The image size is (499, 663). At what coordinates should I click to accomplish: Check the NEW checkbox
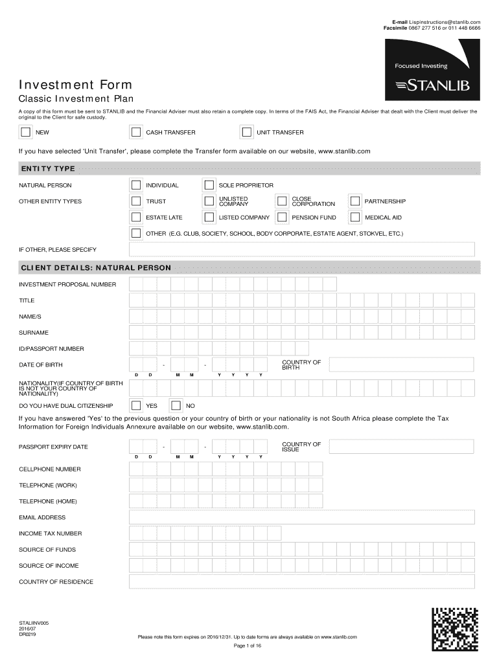[x=25, y=133]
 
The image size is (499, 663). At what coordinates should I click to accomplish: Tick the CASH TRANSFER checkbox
[x=135, y=133]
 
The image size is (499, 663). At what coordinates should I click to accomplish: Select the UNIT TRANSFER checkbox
[x=246, y=133]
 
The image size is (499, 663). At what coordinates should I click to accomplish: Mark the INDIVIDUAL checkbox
[x=136, y=185]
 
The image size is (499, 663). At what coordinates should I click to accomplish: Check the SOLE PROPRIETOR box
[x=209, y=185]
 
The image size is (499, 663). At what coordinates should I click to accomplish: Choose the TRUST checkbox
[x=136, y=201]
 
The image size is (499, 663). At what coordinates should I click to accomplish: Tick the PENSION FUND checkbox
[x=282, y=218]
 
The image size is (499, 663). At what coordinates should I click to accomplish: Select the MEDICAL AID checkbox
[x=354, y=218]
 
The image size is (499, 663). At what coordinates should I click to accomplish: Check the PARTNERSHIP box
[x=354, y=201]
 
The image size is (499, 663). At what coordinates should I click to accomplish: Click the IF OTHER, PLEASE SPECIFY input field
[x=302, y=249]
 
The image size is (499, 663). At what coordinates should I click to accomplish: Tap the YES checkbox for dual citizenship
[x=136, y=406]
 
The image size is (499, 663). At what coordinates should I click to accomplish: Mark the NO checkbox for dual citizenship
[x=175, y=406]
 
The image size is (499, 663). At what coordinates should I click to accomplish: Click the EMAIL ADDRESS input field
[x=302, y=517]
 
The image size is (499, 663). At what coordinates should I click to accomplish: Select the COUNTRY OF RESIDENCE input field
[x=302, y=581]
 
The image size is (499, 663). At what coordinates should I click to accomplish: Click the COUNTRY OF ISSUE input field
[x=402, y=447]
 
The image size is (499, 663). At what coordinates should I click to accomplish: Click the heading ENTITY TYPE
[x=47, y=169]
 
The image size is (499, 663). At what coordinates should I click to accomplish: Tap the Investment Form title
[x=75, y=85]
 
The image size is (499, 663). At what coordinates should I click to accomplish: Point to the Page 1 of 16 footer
[x=247, y=646]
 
